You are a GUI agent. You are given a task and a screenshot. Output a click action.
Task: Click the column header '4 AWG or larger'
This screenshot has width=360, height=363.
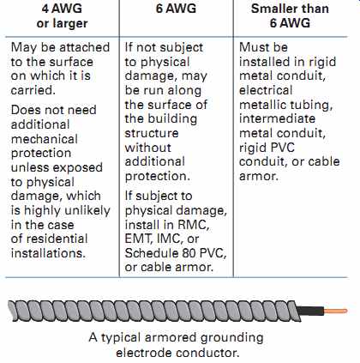[x=62, y=15]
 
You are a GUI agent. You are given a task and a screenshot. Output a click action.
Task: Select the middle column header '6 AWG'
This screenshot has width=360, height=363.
[x=176, y=9]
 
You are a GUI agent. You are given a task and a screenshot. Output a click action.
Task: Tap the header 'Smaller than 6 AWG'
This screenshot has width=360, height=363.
[x=290, y=15]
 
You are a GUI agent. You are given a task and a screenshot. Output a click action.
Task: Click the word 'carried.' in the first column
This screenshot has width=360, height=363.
[x=33, y=90]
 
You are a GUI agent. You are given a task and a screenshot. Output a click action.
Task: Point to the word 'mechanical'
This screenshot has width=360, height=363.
[x=45, y=139]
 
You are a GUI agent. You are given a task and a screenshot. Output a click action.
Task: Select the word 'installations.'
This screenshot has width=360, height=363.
[x=48, y=253]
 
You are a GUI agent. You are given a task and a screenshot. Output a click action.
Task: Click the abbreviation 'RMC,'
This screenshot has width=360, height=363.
[x=194, y=225]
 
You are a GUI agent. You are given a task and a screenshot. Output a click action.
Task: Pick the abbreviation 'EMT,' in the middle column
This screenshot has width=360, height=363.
[x=139, y=239]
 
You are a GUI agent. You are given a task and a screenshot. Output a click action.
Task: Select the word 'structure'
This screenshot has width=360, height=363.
[x=152, y=133]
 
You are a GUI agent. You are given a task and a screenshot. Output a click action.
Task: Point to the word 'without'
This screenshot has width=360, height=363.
[x=148, y=148]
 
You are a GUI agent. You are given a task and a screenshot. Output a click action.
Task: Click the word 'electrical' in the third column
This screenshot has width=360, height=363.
[x=266, y=90]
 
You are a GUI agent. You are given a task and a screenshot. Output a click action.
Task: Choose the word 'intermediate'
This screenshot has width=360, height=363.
[x=277, y=118]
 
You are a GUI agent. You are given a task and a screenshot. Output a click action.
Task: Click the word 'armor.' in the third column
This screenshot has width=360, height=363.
[x=259, y=176]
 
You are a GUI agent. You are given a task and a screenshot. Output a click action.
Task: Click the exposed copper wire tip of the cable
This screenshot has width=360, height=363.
[x=336, y=311]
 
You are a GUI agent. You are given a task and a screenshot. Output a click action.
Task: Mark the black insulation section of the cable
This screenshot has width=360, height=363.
[x=310, y=311]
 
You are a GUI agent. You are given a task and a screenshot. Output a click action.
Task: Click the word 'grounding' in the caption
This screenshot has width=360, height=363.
[x=231, y=338]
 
